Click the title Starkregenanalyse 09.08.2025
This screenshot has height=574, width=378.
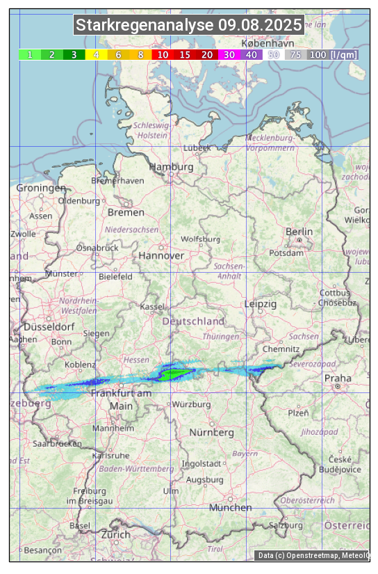point(189,26)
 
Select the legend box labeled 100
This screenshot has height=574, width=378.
point(318,54)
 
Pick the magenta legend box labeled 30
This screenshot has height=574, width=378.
point(229,54)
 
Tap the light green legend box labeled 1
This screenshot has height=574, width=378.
point(30,54)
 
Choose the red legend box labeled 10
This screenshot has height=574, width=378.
point(163,54)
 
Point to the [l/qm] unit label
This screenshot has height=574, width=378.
point(345,54)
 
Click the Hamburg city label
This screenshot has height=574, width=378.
point(171,167)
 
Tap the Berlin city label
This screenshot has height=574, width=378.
point(299,231)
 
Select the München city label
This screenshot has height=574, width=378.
point(230,507)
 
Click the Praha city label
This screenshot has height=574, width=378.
point(338,378)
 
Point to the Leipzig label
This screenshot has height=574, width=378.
point(261,304)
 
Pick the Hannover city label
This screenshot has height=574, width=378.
point(161,255)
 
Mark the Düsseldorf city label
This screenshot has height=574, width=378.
point(49,326)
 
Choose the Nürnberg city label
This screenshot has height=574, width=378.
point(212,432)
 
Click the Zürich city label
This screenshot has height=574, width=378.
point(115,534)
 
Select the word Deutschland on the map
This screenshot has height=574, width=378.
point(193,321)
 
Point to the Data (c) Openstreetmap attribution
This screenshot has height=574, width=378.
point(312,555)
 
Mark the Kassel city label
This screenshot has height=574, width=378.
point(151,306)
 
